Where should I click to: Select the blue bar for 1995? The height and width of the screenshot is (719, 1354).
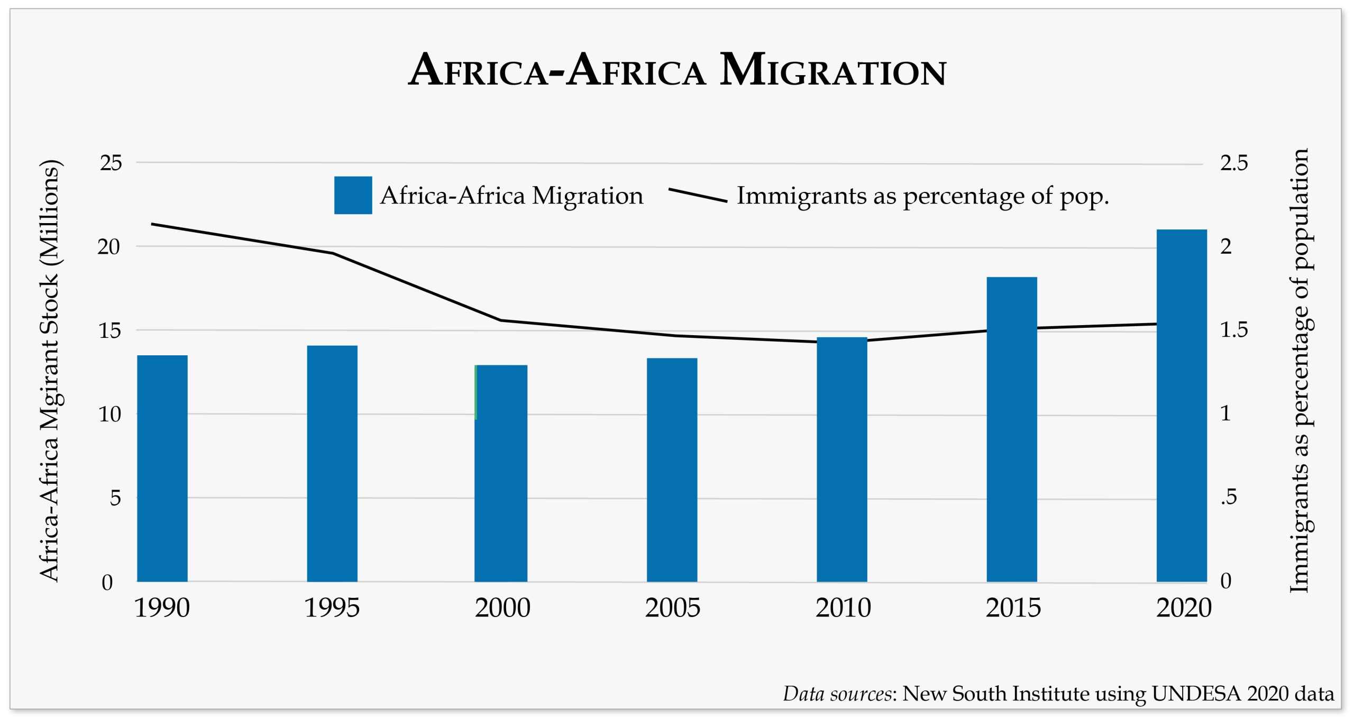(332, 463)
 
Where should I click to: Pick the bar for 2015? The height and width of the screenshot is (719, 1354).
(1011, 429)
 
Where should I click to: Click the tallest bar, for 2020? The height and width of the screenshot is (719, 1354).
(1182, 405)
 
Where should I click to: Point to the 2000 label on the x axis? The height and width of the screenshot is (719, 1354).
(502, 607)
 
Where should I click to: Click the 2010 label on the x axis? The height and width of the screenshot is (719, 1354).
(843, 607)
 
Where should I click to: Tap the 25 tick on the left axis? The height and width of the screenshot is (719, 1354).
(111, 163)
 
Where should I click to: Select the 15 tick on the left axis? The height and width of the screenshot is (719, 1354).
(109, 330)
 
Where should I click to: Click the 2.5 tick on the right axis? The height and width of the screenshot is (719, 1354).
(1233, 163)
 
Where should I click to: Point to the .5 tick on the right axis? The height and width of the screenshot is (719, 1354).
(1229, 497)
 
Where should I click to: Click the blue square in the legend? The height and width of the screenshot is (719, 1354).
(353, 195)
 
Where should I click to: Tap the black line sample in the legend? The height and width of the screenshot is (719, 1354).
(698, 195)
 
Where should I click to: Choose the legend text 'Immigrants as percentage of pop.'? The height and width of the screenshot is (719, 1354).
(922, 196)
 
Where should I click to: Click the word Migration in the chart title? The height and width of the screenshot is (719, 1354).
(832, 70)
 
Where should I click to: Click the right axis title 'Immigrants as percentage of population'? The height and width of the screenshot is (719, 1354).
(1300, 370)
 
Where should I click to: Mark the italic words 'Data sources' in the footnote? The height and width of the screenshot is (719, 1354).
(837, 694)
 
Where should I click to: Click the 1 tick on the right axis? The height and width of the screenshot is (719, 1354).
(1225, 413)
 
